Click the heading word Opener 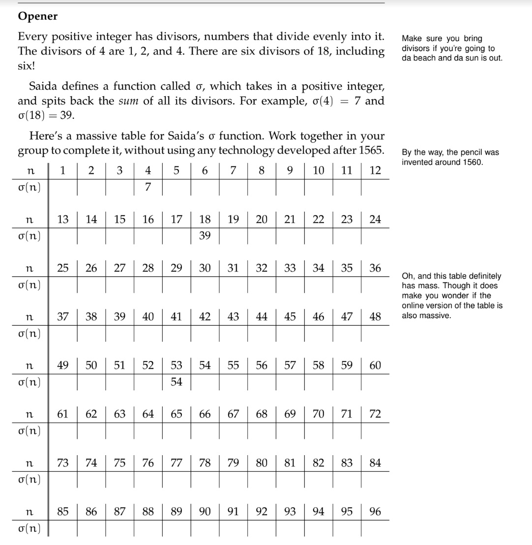pyautogui.click(x=38, y=16)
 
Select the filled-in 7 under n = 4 pyautogui.click(x=148, y=188)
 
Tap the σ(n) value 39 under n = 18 pyautogui.click(x=205, y=236)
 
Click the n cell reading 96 pyautogui.click(x=375, y=512)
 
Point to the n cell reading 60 pyautogui.click(x=375, y=366)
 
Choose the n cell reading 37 pyautogui.click(x=63, y=318)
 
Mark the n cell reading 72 pyautogui.click(x=375, y=414)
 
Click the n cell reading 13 pyautogui.click(x=63, y=220)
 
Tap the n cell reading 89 pyautogui.click(x=177, y=512)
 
